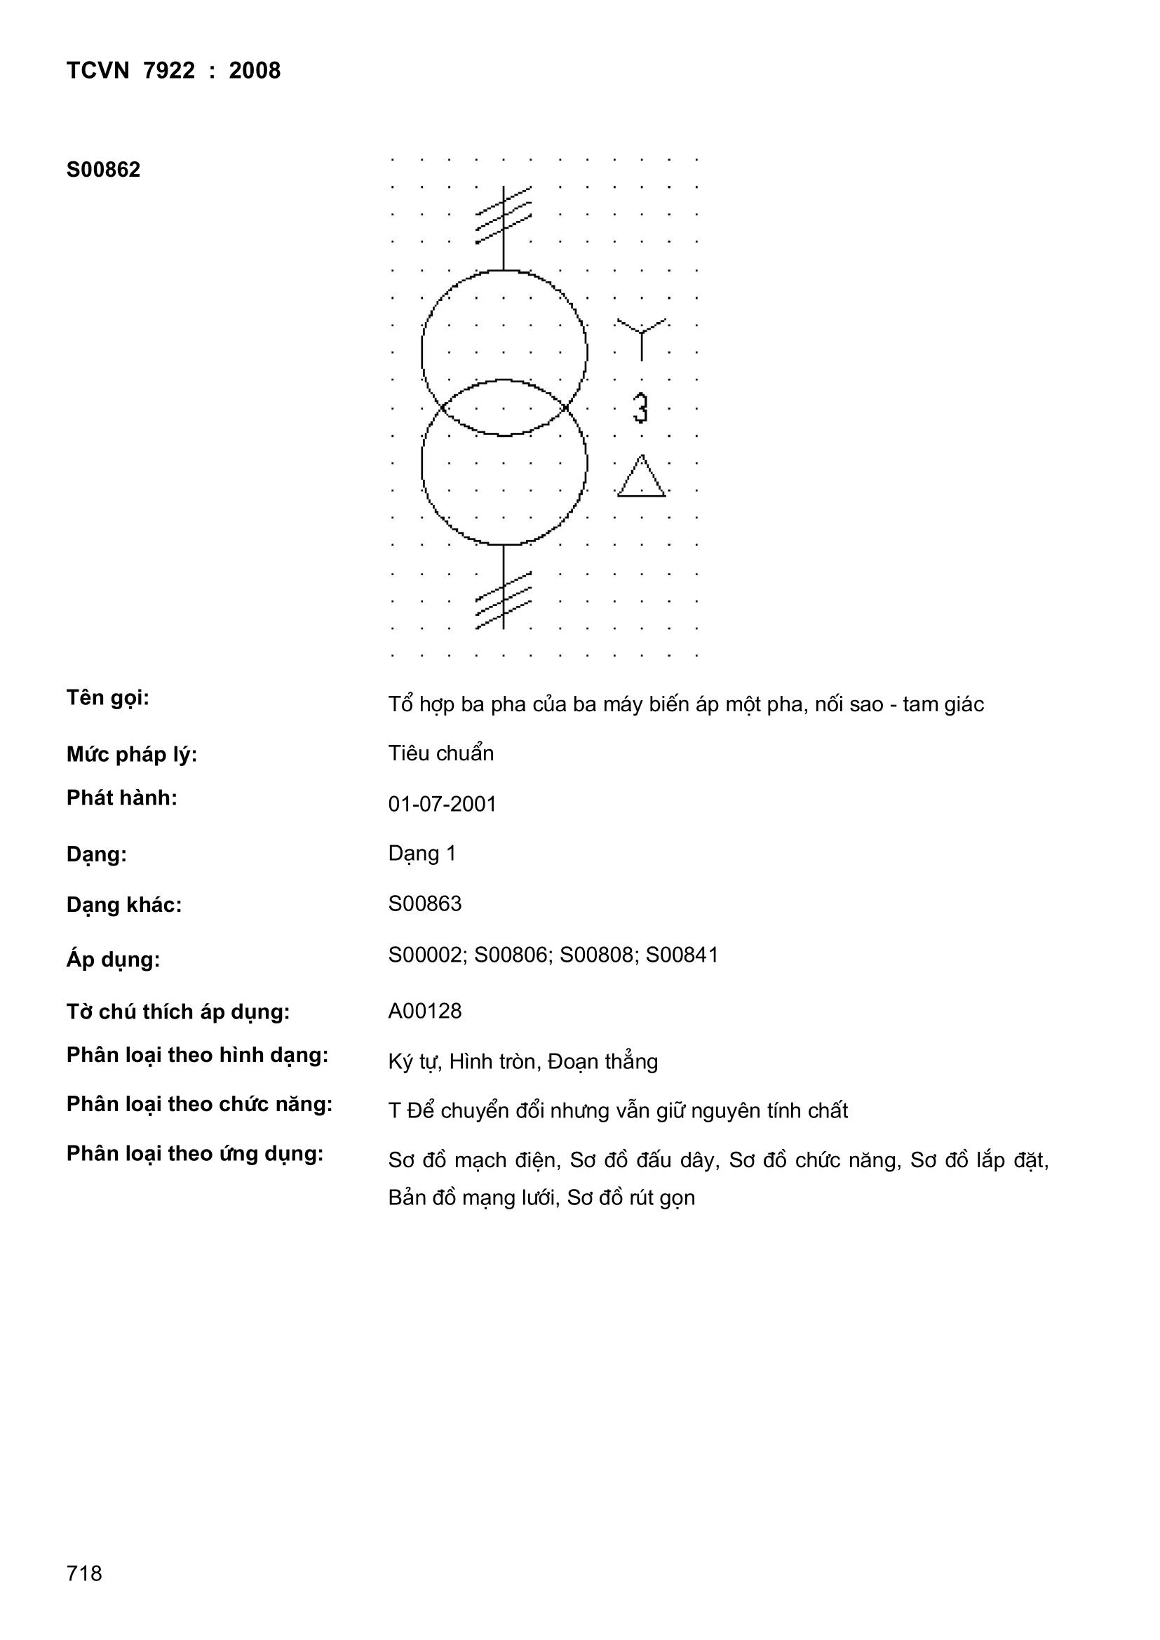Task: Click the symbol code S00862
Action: coord(104,170)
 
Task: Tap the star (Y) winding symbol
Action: coord(642,337)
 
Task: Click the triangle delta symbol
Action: coord(642,478)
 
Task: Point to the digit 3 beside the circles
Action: coord(641,408)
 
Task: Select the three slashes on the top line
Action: coord(504,214)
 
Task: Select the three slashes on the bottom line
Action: coord(504,600)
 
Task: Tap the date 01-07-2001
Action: coord(442,805)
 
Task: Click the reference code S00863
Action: coord(425,903)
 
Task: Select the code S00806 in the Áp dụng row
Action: coord(511,955)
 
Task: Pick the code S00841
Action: coord(682,955)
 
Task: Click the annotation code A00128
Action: coord(425,1011)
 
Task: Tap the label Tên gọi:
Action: coord(108,698)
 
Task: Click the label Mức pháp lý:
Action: coord(131,754)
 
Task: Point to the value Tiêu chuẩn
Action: coord(440,753)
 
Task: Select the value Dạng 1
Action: coord(421,854)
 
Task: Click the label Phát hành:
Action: coord(122,798)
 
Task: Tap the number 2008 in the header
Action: coord(255,71)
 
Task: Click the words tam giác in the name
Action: coord(943,705)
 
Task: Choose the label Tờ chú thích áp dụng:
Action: coord(178,1011)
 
